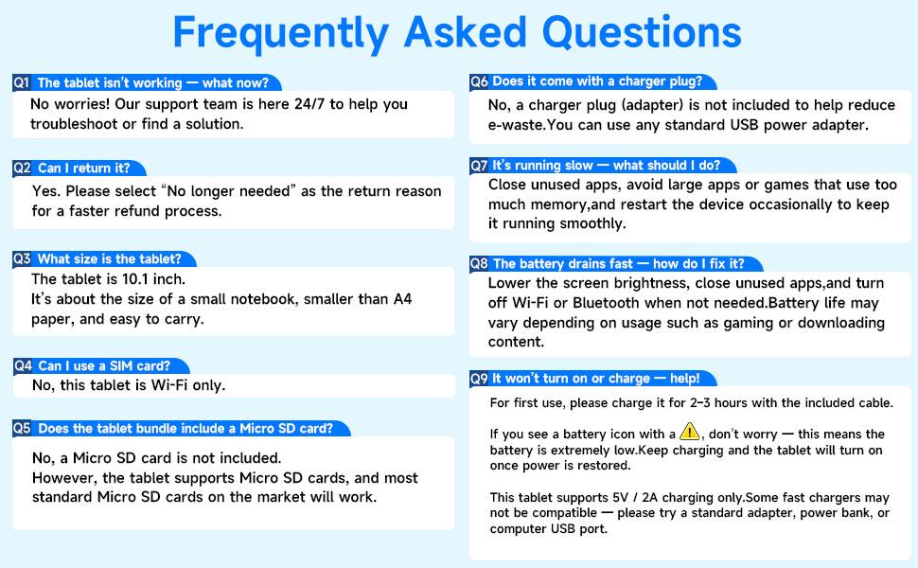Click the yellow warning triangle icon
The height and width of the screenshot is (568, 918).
690,432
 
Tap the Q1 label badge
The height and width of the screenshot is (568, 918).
22,82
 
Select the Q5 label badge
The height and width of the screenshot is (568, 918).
23,428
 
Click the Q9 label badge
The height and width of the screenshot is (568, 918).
479,379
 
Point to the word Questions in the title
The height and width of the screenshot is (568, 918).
642,32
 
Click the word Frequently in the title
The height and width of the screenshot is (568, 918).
281,34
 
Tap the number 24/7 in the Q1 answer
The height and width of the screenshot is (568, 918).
309,104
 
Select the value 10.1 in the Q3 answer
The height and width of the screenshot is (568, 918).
135,278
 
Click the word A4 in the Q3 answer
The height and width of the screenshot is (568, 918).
403,299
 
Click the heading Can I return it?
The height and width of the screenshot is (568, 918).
83,169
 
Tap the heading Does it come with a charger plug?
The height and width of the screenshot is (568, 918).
597,81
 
